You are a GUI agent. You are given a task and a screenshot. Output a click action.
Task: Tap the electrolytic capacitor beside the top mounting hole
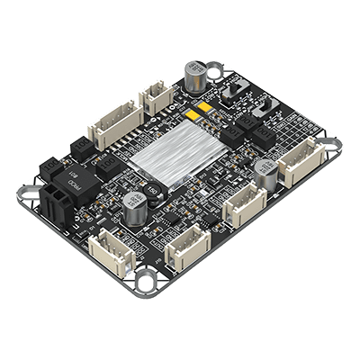tap(194, 76)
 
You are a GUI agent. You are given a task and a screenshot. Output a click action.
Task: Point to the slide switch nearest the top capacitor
tap(238, 91)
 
